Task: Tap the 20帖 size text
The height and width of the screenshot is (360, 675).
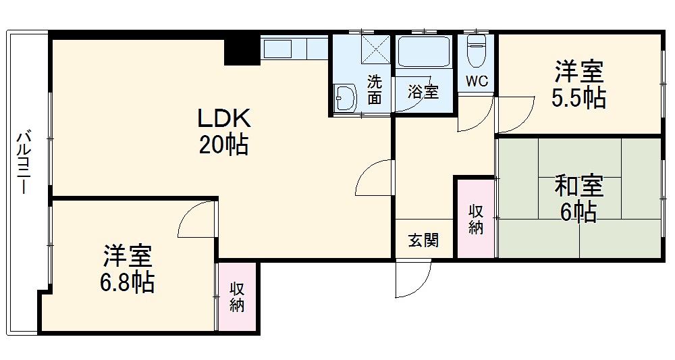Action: coord(223,145)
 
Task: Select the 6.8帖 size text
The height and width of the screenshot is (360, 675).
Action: coord(128,282)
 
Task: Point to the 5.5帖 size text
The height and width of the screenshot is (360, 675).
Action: coord(578,99)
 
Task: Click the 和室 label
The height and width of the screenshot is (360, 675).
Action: coord(578,185)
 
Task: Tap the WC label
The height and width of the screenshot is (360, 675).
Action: coord(477,82)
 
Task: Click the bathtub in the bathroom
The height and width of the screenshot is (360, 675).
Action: coord(425,52)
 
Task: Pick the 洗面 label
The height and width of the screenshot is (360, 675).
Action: coord(374,90)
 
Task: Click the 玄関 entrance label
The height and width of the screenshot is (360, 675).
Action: coord(424,240)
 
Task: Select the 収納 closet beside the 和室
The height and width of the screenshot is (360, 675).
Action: coord(476,218)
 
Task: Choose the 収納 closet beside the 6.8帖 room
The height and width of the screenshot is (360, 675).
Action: coord(237,297)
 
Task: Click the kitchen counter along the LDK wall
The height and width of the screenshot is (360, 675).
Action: coord(294,49)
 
